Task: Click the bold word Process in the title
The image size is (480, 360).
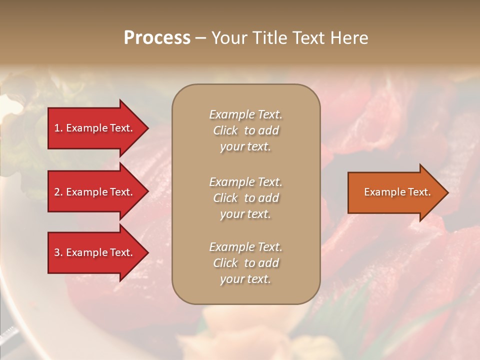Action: (x=157, y=38)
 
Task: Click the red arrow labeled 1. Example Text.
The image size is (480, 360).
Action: (x=95, y=128)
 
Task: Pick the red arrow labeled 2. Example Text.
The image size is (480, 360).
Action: (x=95, y=192)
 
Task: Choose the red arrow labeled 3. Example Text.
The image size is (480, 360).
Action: (x=95, y=252)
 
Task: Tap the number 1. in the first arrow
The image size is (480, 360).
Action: (x=58, y=128)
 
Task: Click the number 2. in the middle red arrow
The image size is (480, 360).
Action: (x=58, y=192)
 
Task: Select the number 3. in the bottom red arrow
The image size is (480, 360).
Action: (x=58, y=252)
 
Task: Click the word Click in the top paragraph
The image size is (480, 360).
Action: (x=225, y=130)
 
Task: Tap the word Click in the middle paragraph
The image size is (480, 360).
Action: (x=225, y=198)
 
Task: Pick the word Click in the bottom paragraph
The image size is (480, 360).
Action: (x=225, y=263)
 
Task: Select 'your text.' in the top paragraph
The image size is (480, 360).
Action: (x=245, y=146)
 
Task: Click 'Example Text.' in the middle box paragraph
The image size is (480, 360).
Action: (x=245, y=182)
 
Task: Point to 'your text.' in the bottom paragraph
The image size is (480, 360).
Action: (x=245, y=279)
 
